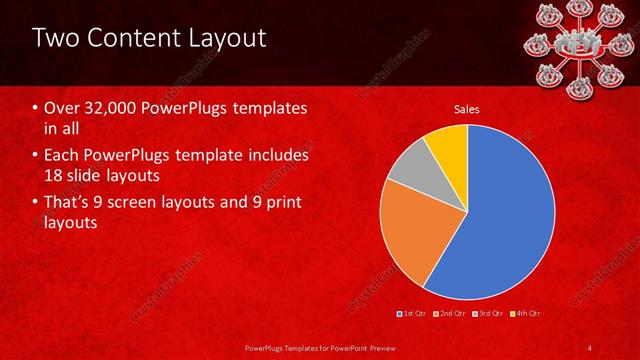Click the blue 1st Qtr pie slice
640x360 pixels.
500,220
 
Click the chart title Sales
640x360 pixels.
467,108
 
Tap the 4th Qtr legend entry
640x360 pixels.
527,314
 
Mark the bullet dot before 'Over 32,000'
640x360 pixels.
36,108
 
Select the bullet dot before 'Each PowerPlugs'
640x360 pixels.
36,156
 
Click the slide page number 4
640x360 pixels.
590,347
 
